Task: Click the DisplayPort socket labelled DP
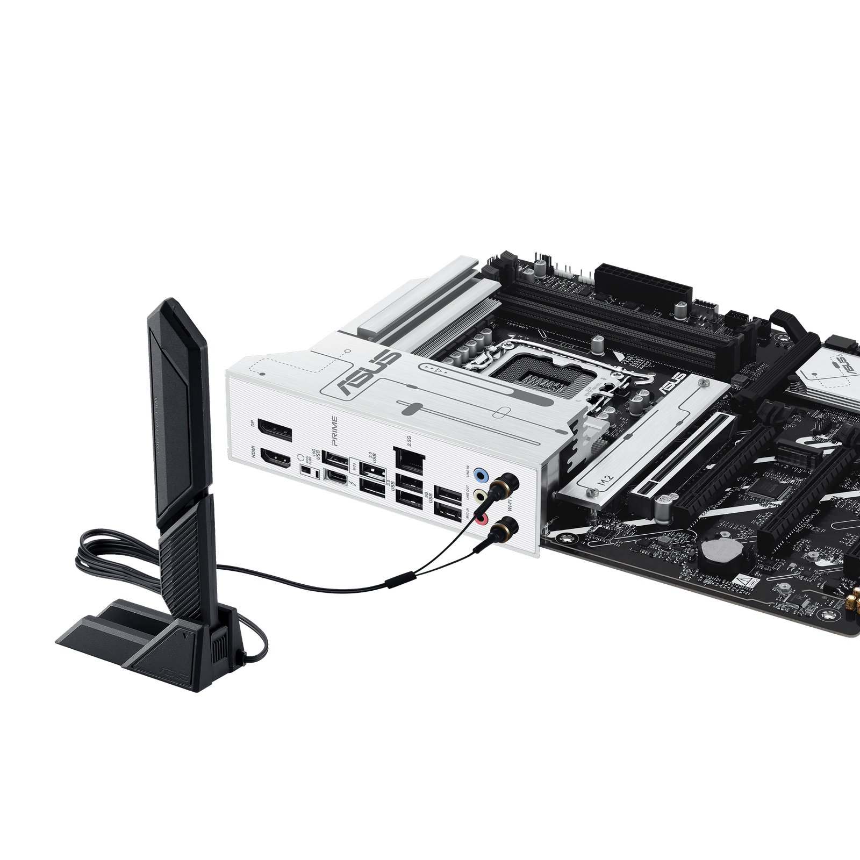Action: coord(275,431)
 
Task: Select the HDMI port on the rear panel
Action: coord(276,459)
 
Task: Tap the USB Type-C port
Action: coord(335,478)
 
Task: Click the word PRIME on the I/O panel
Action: coord(335,430)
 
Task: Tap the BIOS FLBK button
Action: coord(309,472)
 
